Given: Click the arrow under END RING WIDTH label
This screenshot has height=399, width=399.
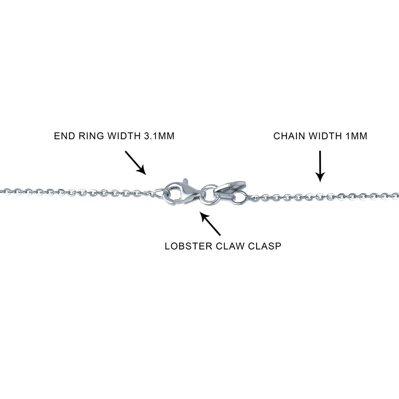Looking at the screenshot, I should [x=136, y=162].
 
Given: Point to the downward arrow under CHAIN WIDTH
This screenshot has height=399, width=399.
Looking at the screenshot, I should [x=320, y=166].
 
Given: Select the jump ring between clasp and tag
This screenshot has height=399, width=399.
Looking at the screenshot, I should [x=209, y=194].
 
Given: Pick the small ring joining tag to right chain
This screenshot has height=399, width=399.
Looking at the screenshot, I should [x=240, y=197].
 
